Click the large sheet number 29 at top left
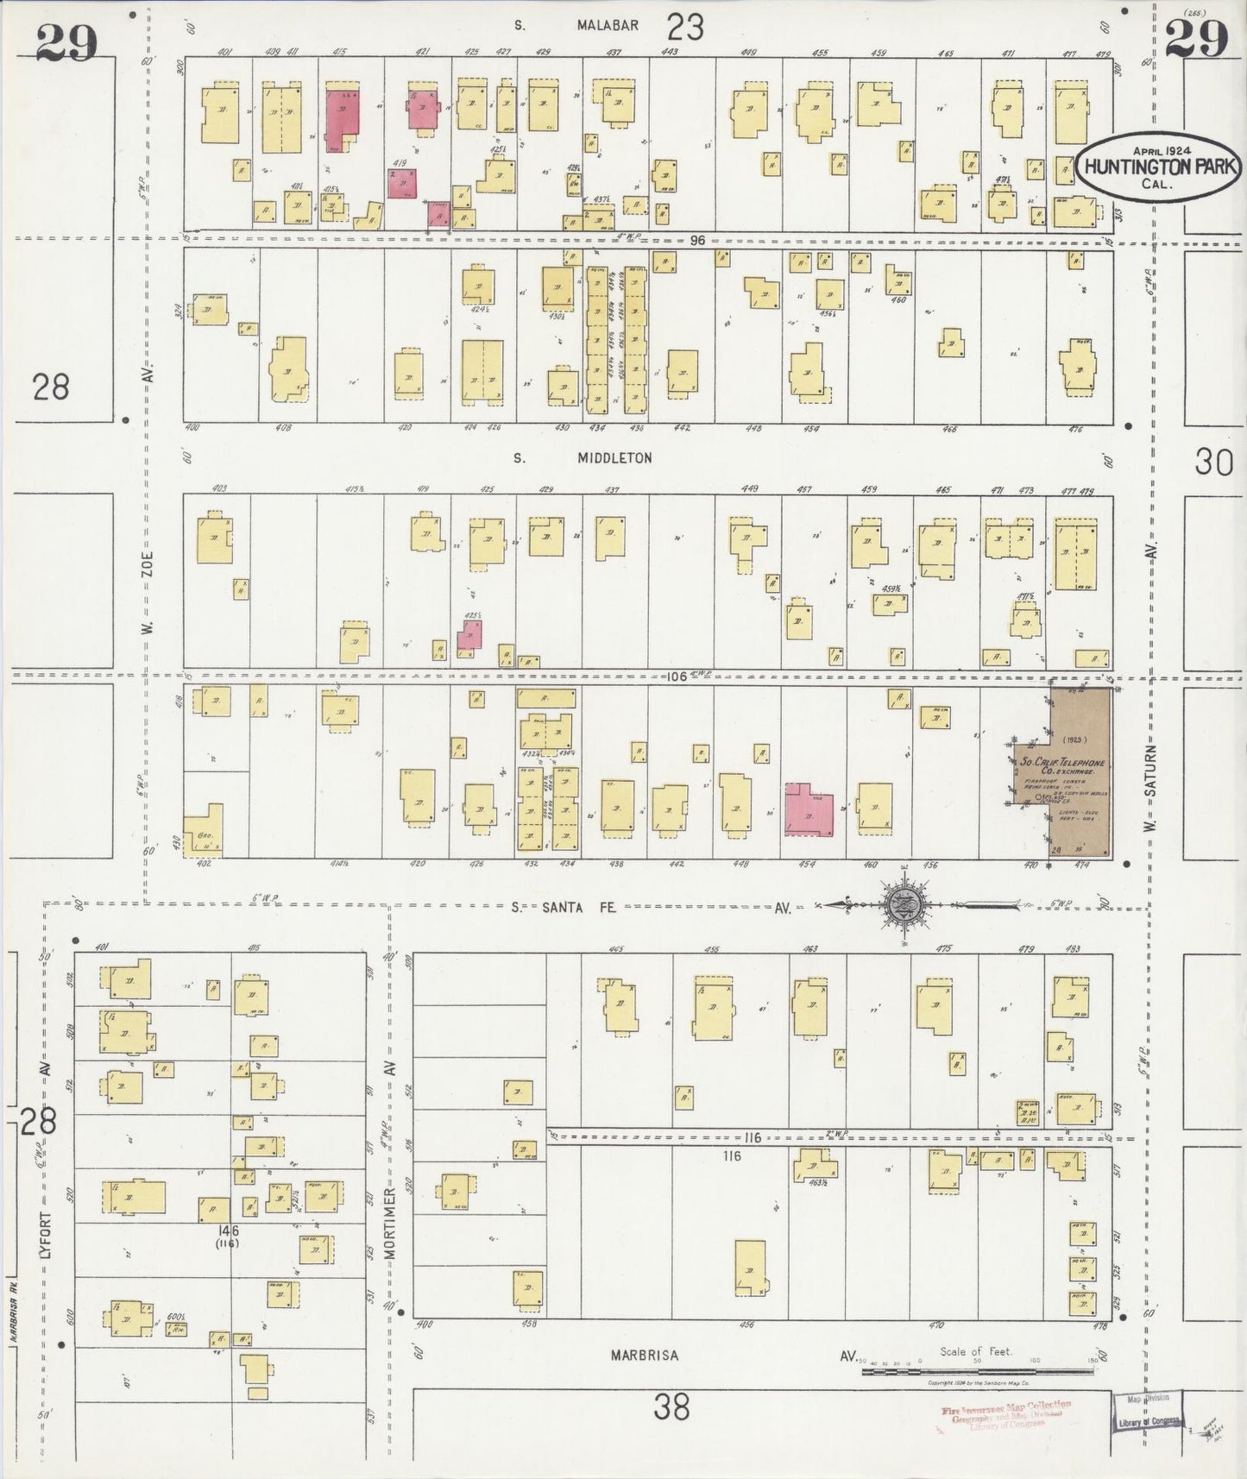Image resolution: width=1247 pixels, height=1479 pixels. [67, 41]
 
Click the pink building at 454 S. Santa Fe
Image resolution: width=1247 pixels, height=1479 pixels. [809, 809]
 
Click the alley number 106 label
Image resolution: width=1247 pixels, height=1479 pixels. [677, 677]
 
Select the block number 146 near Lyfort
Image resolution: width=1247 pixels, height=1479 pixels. [229, 1230]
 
